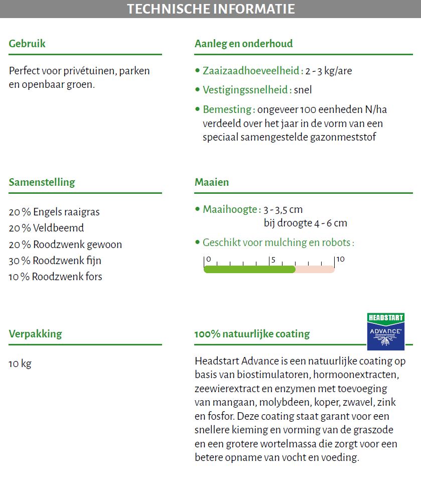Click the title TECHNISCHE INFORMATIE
point(210,9)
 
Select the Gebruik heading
point(27,44)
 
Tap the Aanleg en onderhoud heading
point(243,44)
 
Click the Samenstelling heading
point(42,182)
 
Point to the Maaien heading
point(211,182)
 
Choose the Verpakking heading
point(35,334)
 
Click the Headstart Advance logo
point(385,331)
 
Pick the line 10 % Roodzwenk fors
point(55,277)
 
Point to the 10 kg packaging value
point(20,364)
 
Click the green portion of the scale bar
point(249,270)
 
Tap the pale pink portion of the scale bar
point(315,270)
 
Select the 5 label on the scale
point(272,260)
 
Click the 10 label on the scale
point(340,260)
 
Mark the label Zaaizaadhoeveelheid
point(251,71)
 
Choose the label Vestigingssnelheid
point(245,90)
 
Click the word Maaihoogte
point(230,209)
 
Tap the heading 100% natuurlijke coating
point(252,334)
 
